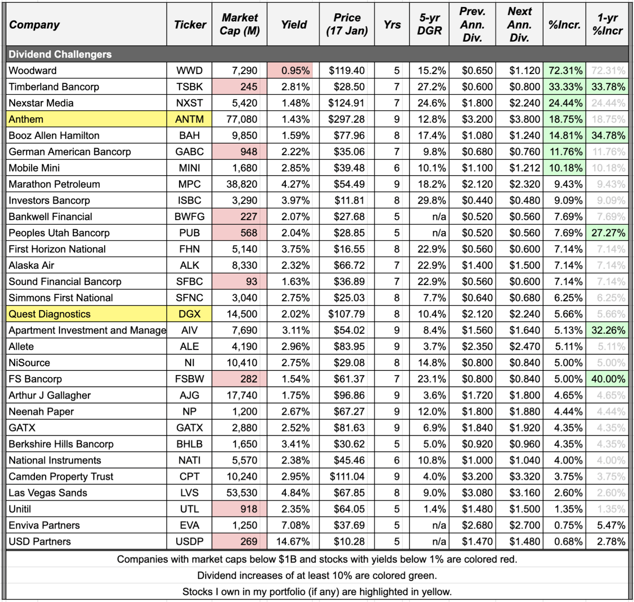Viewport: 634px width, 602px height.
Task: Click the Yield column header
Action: [294, 25]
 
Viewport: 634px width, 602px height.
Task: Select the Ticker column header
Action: [190, 25]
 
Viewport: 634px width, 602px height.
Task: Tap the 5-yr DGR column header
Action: [429, 25]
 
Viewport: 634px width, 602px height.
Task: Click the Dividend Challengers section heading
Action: [60, 54]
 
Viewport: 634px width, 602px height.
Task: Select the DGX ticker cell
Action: [189, 314]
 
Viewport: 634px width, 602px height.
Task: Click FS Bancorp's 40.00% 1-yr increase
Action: [607, 379]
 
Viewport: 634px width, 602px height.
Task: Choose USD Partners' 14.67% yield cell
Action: [293, 541]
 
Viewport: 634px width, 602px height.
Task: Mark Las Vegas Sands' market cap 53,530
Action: [242, 493]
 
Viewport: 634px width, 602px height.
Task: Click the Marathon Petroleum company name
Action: [54, 184]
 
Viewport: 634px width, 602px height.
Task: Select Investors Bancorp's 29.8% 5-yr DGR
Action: [432, 200]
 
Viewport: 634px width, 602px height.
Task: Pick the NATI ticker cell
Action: [189, 460]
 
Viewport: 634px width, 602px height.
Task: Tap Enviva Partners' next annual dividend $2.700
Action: [524, 525]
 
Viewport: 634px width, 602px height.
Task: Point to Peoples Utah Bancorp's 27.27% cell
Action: [607, 233]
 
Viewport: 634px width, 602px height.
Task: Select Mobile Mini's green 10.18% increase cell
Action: [565, 168]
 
